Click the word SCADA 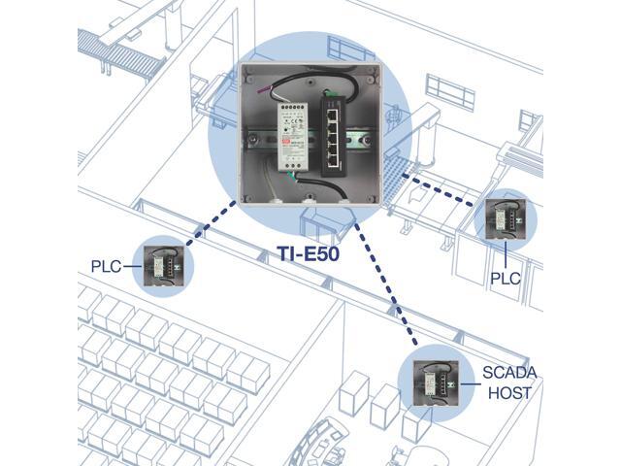pos(509,373)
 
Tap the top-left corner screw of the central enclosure pos(246,71)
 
